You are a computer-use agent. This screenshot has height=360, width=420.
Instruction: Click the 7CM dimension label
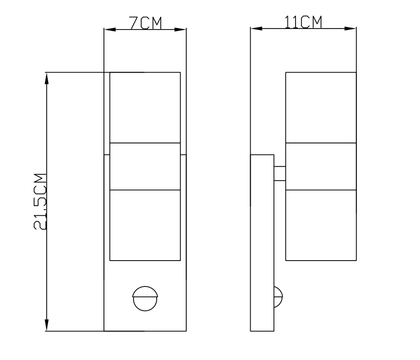tap(146, 23)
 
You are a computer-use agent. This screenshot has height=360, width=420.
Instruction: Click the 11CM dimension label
tap(303, 22)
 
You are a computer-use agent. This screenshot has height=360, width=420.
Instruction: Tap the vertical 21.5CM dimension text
tap(40, 202)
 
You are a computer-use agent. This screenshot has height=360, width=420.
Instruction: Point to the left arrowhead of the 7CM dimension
tap(110, 30)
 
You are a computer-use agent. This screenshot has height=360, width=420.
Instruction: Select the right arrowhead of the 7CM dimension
tap(180, 30)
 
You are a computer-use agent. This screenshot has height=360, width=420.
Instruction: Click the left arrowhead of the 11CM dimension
tap(257, 29)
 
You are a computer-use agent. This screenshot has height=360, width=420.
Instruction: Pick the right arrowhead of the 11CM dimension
tap(351, 29)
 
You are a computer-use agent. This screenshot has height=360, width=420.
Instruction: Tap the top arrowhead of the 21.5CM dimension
tap(47, 78)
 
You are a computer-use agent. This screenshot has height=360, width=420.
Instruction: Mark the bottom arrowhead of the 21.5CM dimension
tap(47, 325)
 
